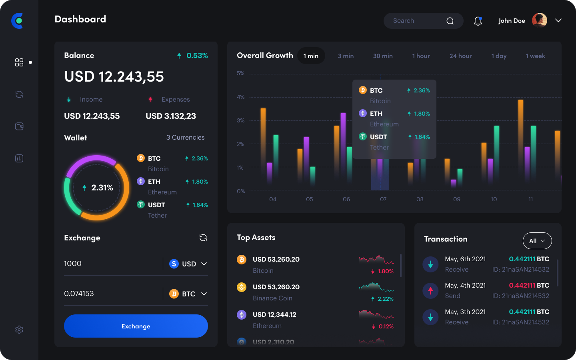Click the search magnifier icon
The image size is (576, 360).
point(450,21)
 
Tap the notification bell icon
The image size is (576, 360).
point(478,21)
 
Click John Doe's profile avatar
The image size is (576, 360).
point(540,20)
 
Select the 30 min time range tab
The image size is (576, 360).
point(383,56)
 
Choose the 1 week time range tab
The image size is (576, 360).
point(535,56)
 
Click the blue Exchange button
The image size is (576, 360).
point(136,326)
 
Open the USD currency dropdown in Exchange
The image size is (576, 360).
point(188,264)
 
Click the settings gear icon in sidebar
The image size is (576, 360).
point(19,330)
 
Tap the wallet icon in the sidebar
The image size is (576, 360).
point(19,126)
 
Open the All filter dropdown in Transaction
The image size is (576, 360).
point(537,241)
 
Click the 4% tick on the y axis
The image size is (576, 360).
point(240,97)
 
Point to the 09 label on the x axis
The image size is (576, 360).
point(457,199)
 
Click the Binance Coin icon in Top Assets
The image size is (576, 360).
point(242,287)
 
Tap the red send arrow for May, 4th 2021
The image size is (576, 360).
point(430,291)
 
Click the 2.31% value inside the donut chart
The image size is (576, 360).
point(102,188)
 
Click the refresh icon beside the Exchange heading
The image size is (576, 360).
point(203,238)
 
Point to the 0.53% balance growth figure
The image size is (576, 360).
point(197,56)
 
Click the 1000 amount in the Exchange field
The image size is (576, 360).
point(73,264)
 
